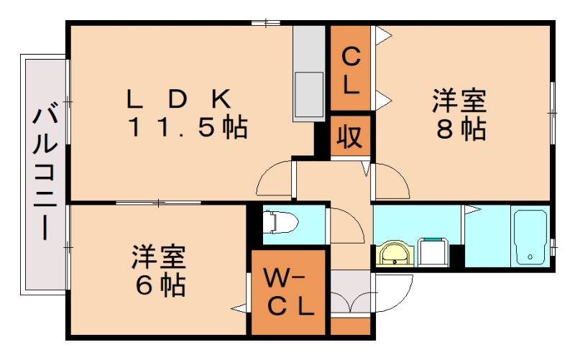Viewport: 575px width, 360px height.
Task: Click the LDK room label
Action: (179, 98)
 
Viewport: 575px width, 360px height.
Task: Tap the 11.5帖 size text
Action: (188, 127)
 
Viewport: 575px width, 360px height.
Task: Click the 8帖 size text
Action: (460, 129)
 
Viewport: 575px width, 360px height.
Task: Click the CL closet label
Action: (351, 70)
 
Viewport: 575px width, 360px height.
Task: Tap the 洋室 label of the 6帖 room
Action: (160, 256)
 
